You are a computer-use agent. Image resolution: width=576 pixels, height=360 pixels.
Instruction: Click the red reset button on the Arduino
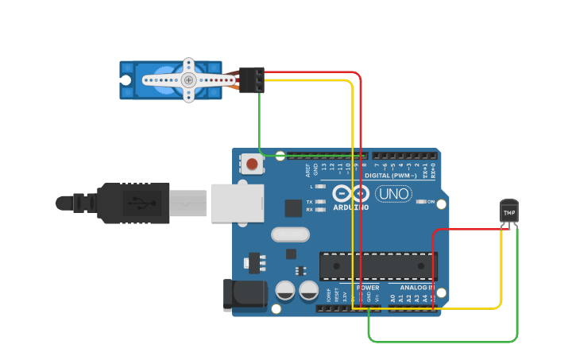click(252, 165)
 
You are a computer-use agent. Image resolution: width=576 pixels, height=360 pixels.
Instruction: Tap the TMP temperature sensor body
click(509, 212)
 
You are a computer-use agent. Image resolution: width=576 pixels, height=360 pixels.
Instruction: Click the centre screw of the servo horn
click(188, 80)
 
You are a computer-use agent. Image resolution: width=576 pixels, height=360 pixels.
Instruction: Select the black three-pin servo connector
click(252, 80)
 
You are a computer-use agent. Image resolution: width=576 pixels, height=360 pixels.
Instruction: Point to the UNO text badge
click(393, 193)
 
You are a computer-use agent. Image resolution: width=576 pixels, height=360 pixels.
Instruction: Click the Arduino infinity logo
click(350, 193)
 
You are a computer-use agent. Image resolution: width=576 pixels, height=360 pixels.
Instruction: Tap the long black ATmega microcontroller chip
click(378, 266)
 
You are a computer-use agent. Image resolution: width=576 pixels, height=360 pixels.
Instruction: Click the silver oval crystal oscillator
click(290, 234)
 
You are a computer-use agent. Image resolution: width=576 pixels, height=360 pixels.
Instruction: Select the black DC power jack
click(245, 294)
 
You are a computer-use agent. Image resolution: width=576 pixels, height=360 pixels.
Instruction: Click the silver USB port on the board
click(237, 203)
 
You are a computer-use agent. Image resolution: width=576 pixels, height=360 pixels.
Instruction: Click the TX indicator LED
click(320, 202)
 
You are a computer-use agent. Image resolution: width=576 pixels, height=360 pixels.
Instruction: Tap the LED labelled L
click(320, 186)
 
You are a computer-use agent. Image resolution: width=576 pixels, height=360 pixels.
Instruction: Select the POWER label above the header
click(368, 287)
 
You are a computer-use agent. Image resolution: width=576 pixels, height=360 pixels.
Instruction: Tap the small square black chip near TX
click(293, 208)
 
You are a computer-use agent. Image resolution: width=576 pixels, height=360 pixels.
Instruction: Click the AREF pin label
click(307, 169)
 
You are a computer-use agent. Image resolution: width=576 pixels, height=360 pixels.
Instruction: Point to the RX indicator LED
click(320, 210)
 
